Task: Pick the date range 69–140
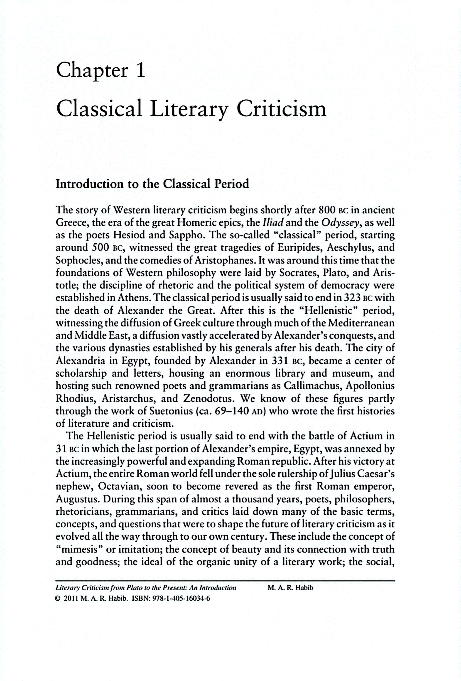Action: [233, 411]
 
